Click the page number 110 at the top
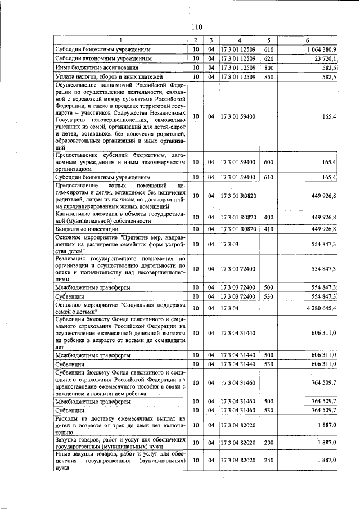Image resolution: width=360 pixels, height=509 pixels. (196, 27)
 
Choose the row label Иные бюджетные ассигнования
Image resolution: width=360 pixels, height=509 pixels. (97, 67)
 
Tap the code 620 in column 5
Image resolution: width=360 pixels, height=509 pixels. (268, 58)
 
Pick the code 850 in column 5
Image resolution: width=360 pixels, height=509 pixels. (268, 76)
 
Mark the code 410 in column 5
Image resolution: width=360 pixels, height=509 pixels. (268, 229)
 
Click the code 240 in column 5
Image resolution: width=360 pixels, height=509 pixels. (268, 460)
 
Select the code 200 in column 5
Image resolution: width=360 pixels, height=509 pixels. (268, 443)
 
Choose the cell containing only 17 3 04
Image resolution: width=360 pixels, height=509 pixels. (229, 308)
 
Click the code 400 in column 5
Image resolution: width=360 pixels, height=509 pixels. (268, 217)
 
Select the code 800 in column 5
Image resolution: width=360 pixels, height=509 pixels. (268, 67)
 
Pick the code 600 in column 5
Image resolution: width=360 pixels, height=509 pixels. (268, 163)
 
